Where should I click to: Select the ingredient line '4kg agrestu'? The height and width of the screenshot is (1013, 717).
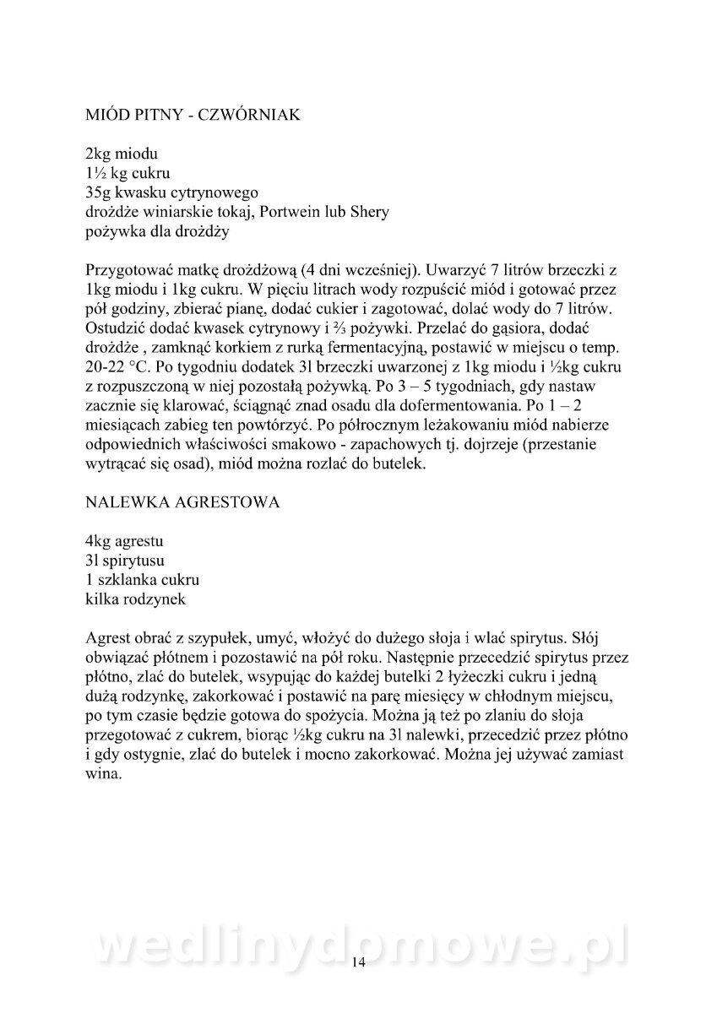pyautogui.click(x=125, y=539)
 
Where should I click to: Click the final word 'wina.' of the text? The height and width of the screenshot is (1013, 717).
pyautogui.click(x=104, y=773)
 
